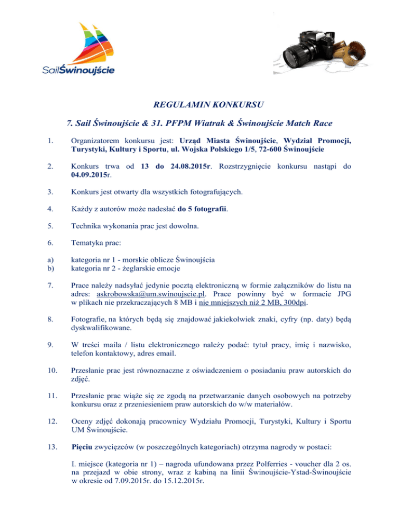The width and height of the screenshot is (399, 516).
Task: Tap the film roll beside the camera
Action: (x=353, y=50)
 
